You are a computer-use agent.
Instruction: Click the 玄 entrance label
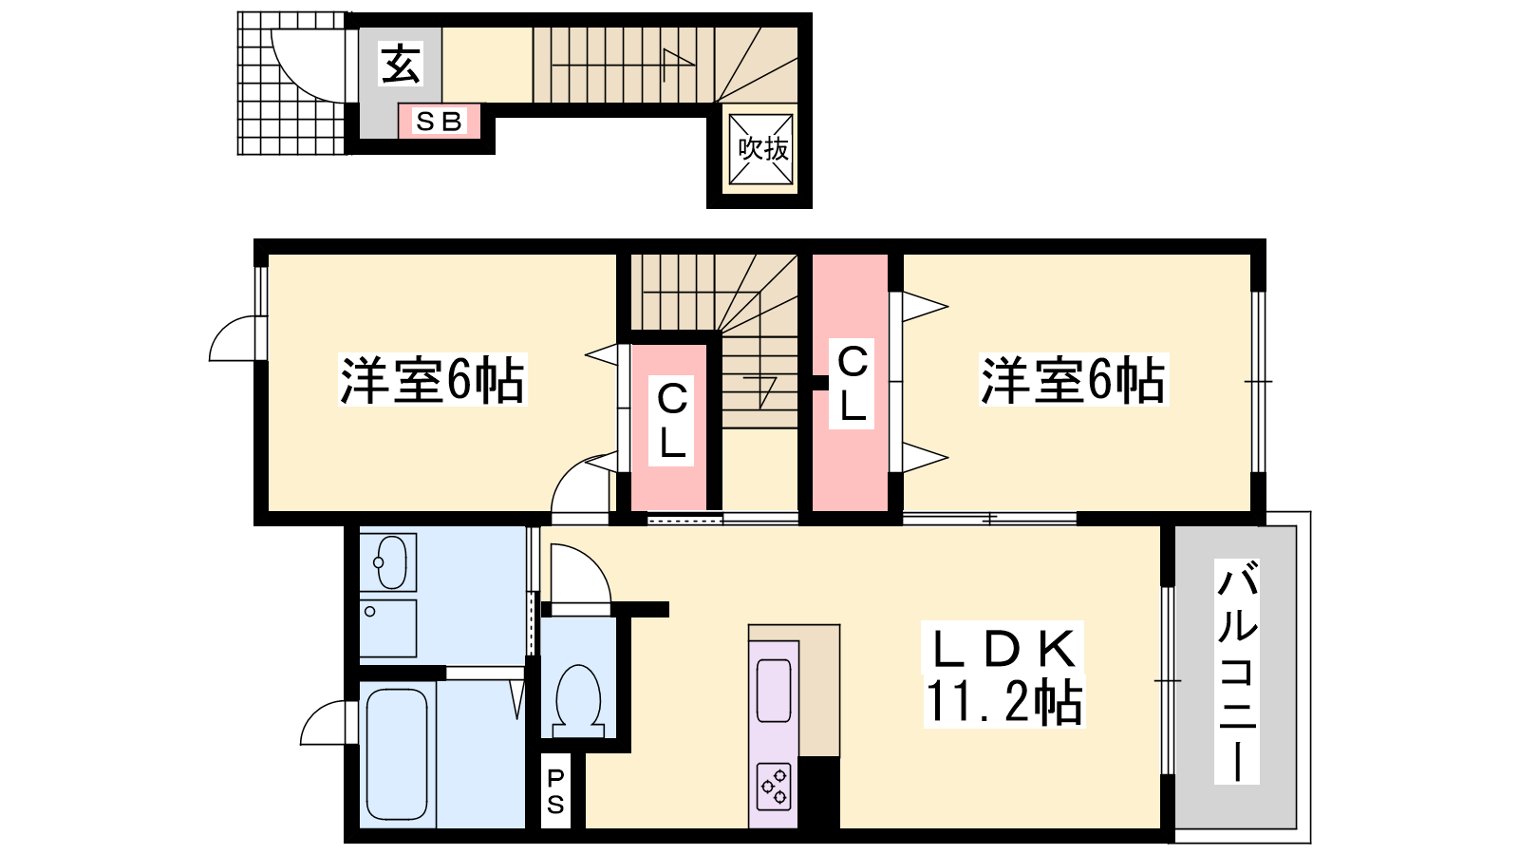click(401, 65)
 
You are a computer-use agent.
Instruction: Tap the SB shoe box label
click(439, 122)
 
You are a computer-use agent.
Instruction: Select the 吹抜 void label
click(763, 148)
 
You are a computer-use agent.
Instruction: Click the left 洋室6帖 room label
click(432, 380)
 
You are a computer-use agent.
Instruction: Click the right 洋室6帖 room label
click(1074, 380)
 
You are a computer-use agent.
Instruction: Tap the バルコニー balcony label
click(1237, 671)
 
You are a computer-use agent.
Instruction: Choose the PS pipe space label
click(555, 791)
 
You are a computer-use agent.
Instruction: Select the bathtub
click(398, 754)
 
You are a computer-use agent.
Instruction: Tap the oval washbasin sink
click(388, 562)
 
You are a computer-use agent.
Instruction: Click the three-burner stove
click(774, 787)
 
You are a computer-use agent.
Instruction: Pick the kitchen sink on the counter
click(774, 690)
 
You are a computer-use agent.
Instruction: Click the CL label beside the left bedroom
click(671, 422)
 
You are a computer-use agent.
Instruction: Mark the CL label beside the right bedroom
click(852, 384)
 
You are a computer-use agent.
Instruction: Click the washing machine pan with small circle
click(388, 628)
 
